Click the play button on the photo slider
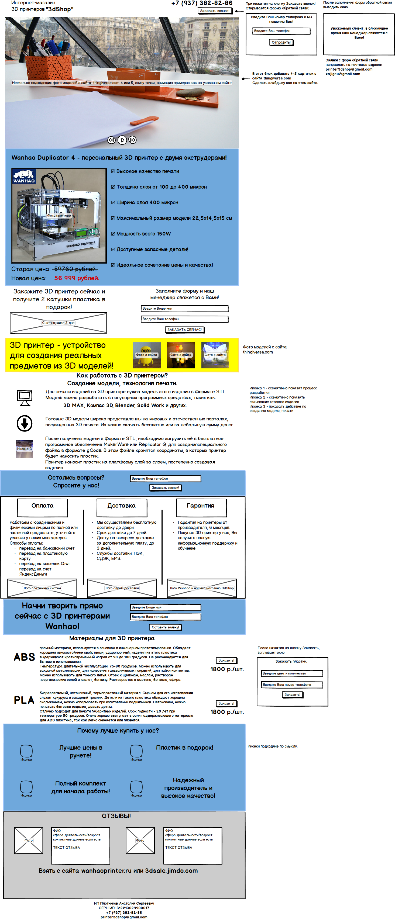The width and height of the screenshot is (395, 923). pyautogui.click(x=122, y=140)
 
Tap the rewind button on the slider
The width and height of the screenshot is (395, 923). pyautogui.click(x=111, y=140)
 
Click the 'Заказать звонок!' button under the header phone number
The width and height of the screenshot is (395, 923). pyautogui.click(x=215, y=11)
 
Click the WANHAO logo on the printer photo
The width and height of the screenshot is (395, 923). pyautogui.click(x=24, y=176)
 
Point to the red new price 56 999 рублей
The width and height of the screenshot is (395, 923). pyautogui.click(x=77, y=278)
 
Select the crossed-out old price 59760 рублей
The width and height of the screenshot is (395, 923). pyautogui.click(x=75, y=269)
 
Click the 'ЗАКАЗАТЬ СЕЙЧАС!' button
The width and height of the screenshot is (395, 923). pyautogui.click(x=185, y=330)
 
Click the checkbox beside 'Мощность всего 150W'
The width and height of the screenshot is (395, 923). pyautogui.click(x=113, y=234)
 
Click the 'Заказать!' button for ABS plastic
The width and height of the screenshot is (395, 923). pyautogui.click(x=226, y=660)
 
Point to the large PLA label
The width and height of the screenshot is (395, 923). pyautogui.click(x=24, y=700)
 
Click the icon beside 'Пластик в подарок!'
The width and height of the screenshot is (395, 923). pyautogui.click(x=136, y=750)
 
